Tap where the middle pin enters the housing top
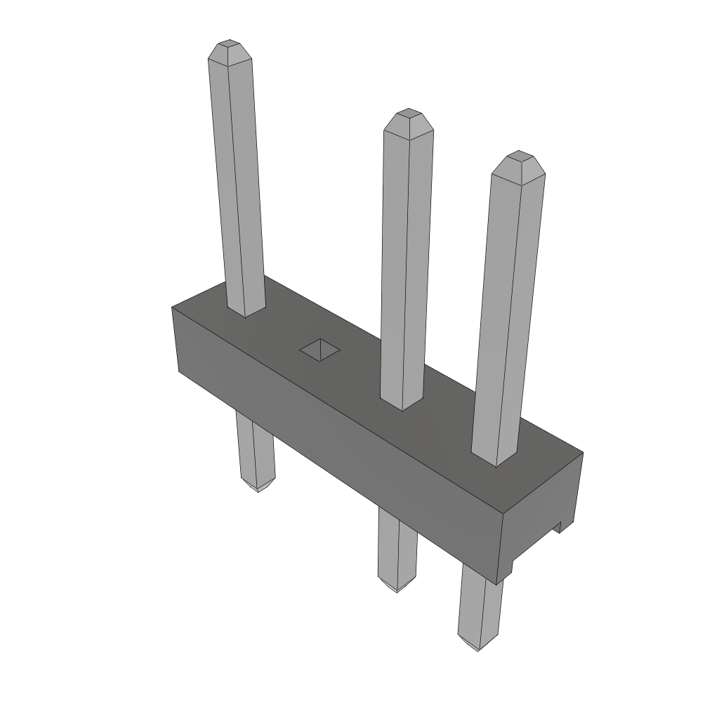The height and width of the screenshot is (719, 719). [402, 403]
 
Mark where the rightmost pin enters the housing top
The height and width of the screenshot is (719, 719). [495, 458]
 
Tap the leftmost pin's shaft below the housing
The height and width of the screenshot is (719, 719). [254, 449]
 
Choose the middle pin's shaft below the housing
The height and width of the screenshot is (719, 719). [397, 548]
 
